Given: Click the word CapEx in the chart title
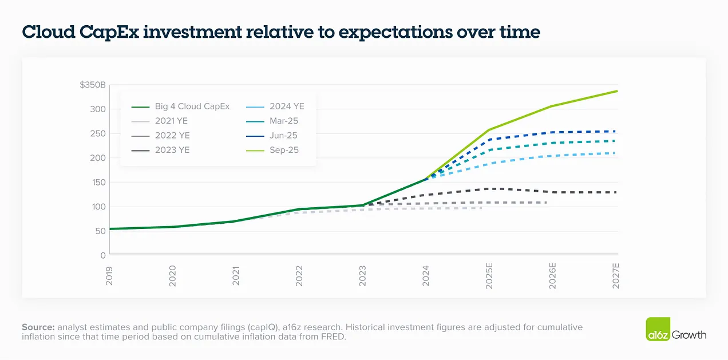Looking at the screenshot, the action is [x=109, y=32].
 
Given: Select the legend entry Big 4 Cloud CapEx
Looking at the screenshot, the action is [x=180, y=106].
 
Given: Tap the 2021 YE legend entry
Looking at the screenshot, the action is [x=160, y=121].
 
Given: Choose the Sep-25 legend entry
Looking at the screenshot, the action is [x=272, y=150].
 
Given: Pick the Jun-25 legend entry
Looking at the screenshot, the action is [x=272, y=136].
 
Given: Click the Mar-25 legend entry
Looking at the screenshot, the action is [x=272, y=121].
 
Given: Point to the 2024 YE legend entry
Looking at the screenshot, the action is [x=275, y=106].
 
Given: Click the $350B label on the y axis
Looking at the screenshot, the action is [x=93, y=85].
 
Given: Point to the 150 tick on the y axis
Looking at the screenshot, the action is [x=99, y=182].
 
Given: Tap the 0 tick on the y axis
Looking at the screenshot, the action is [x=102, y=255].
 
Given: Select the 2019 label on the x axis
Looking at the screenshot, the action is [x=109, y=276].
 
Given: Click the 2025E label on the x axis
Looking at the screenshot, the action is [x=489, y=276].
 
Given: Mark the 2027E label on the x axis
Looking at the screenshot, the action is [x=616, y=276].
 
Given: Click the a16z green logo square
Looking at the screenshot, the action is [x=658, y=329].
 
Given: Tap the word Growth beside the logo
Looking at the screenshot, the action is [x=689, y=335].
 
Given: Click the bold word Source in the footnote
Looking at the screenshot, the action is [x=38, y=327].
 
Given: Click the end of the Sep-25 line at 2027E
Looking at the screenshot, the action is [x=617, y=91].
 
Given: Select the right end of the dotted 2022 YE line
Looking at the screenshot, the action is [x=547, y=203].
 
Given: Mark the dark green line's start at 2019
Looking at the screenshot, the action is [x=110, y=229].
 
